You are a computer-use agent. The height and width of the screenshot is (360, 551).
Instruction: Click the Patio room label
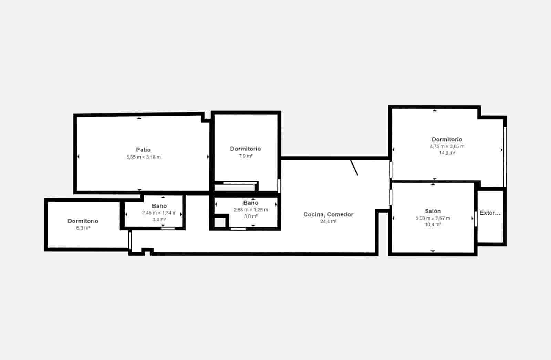(143, 150)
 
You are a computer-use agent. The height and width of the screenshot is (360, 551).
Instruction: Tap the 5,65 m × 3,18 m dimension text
(143, 157)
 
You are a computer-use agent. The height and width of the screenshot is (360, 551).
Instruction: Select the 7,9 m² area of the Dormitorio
(246, 156)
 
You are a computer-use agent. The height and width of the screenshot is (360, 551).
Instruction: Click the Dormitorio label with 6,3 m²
(83, 221)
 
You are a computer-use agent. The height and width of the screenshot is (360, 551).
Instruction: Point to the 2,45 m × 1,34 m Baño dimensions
(159, 213)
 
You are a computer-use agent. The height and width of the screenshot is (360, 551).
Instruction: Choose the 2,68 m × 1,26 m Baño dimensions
(251, 210)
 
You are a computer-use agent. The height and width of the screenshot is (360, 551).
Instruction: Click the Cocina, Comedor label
(328, 214)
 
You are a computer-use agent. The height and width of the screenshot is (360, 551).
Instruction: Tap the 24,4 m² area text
(328, 222)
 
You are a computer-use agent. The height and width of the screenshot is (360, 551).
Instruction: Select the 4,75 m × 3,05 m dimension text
(447, 146)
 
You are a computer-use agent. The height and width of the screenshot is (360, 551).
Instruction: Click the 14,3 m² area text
(447, 153)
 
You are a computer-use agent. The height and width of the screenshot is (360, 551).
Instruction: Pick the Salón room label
(433, 211)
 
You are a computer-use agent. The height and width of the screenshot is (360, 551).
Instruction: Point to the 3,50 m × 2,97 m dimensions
(433, 218)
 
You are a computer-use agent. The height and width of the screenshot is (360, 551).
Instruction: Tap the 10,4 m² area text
(433, 224)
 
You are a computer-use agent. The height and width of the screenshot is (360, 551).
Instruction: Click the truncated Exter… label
(490, 213)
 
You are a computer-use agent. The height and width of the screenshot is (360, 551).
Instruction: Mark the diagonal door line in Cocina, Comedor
(354, 168)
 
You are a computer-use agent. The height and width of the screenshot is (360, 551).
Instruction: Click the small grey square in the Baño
(219, 222)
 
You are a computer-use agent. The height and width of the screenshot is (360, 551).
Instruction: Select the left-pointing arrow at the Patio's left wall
(78, 157)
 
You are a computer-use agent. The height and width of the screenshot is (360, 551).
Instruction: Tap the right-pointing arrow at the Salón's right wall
(472, 218)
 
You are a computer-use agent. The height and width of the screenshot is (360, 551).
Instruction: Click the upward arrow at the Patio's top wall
(139, 118)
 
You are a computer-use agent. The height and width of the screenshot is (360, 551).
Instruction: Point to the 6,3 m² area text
(83, 228)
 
